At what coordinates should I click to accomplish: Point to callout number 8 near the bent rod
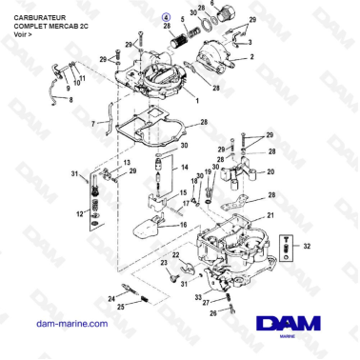pyautogui.click(x=69, y=97)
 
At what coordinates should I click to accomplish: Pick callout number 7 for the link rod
pyautogui.click(x=93, y=123)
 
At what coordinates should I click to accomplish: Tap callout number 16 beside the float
pyautogui.click(x=186, y=225)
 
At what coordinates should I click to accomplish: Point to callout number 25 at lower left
pyautogui.click(x=119, y=307)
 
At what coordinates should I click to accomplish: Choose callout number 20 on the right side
pyautogui.click(x=270, y=172)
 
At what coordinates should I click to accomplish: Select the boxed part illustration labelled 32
pyautogui.click(x=290, y=249)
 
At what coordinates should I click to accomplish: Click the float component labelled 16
pyautogui.click(x=150, y=231)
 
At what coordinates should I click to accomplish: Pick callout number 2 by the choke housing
pyautogui.click(x=252, y=58)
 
